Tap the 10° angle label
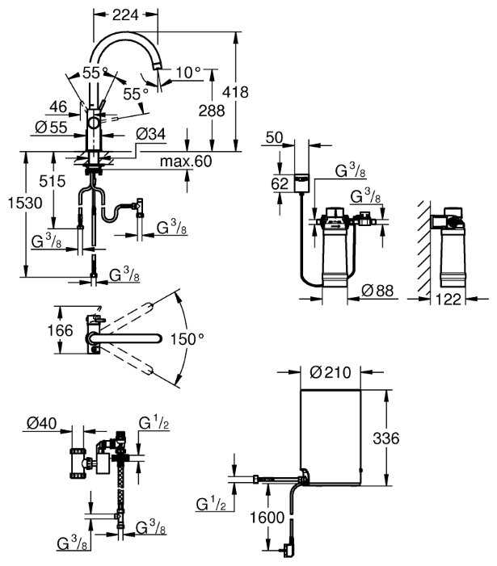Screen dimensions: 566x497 187,73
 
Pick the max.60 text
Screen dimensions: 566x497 185,161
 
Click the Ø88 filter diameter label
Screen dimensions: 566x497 377,291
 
